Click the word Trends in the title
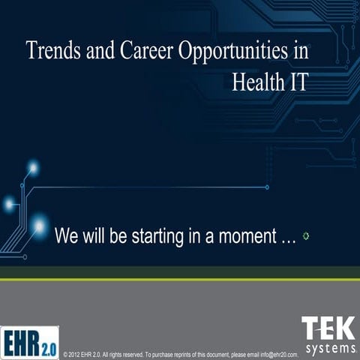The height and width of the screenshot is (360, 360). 51,51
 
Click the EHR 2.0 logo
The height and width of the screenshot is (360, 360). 30,343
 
